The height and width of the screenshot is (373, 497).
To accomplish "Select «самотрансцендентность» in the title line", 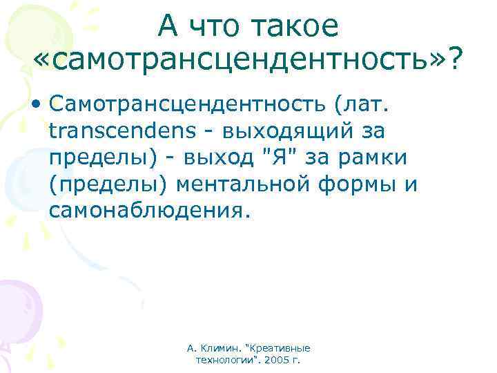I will click(240, 64).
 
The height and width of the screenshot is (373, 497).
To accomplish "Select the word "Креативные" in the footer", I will click(285, 348).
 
